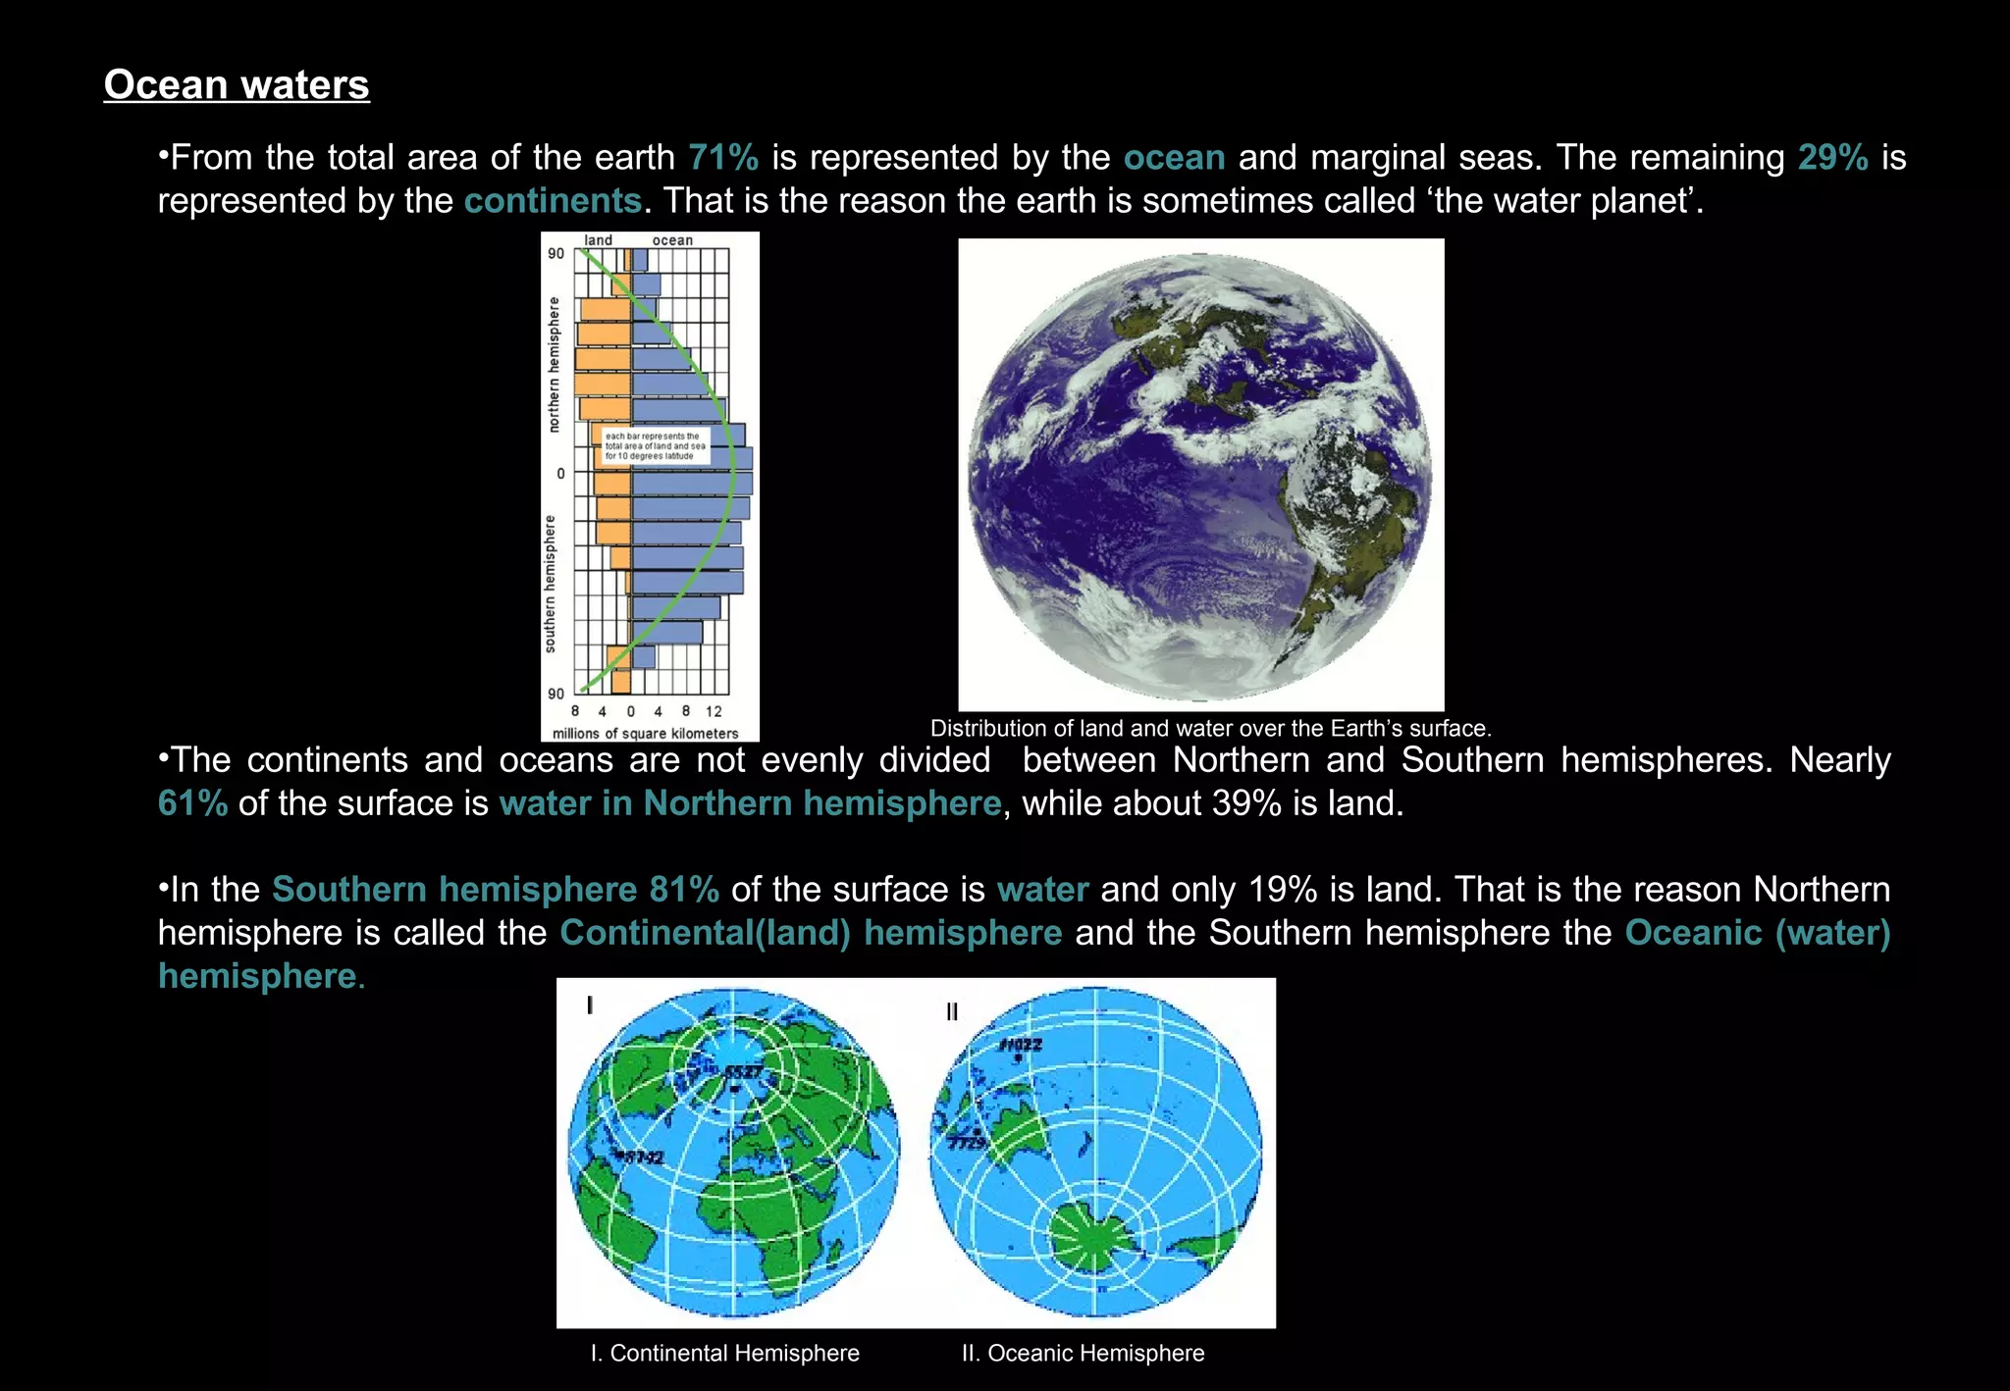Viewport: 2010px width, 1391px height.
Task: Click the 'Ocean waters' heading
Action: point(237,84)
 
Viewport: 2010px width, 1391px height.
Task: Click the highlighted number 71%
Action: point(723,157)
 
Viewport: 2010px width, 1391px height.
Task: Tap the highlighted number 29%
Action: point(1832,157)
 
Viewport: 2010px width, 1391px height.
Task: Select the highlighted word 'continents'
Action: point(553,201)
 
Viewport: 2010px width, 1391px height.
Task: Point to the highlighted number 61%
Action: point(192,803)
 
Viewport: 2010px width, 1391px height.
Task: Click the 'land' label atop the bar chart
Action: point(598,240)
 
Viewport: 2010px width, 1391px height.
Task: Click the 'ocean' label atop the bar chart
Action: point(672,240)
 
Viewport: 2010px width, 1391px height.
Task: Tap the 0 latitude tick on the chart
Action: point(560,474)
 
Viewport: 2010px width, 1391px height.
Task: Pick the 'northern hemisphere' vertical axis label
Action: point(554,364)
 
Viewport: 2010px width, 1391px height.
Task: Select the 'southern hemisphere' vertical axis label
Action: point(550,584)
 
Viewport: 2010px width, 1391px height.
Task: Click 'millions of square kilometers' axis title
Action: point(645,734)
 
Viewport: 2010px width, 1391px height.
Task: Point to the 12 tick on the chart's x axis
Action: point(714,711)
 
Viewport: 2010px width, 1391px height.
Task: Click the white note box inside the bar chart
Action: point(654,446)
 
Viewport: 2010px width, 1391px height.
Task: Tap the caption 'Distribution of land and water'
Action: point(1210,729)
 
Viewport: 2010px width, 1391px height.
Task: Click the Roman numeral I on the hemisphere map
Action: point(590,1005)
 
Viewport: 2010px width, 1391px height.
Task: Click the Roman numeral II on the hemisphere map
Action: point(951,1011)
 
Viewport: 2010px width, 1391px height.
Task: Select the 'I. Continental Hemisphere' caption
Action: point(724,1354)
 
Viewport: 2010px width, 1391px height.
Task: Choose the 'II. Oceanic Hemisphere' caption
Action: point(1083,1354)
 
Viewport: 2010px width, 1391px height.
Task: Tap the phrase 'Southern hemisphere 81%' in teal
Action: point(495,890)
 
